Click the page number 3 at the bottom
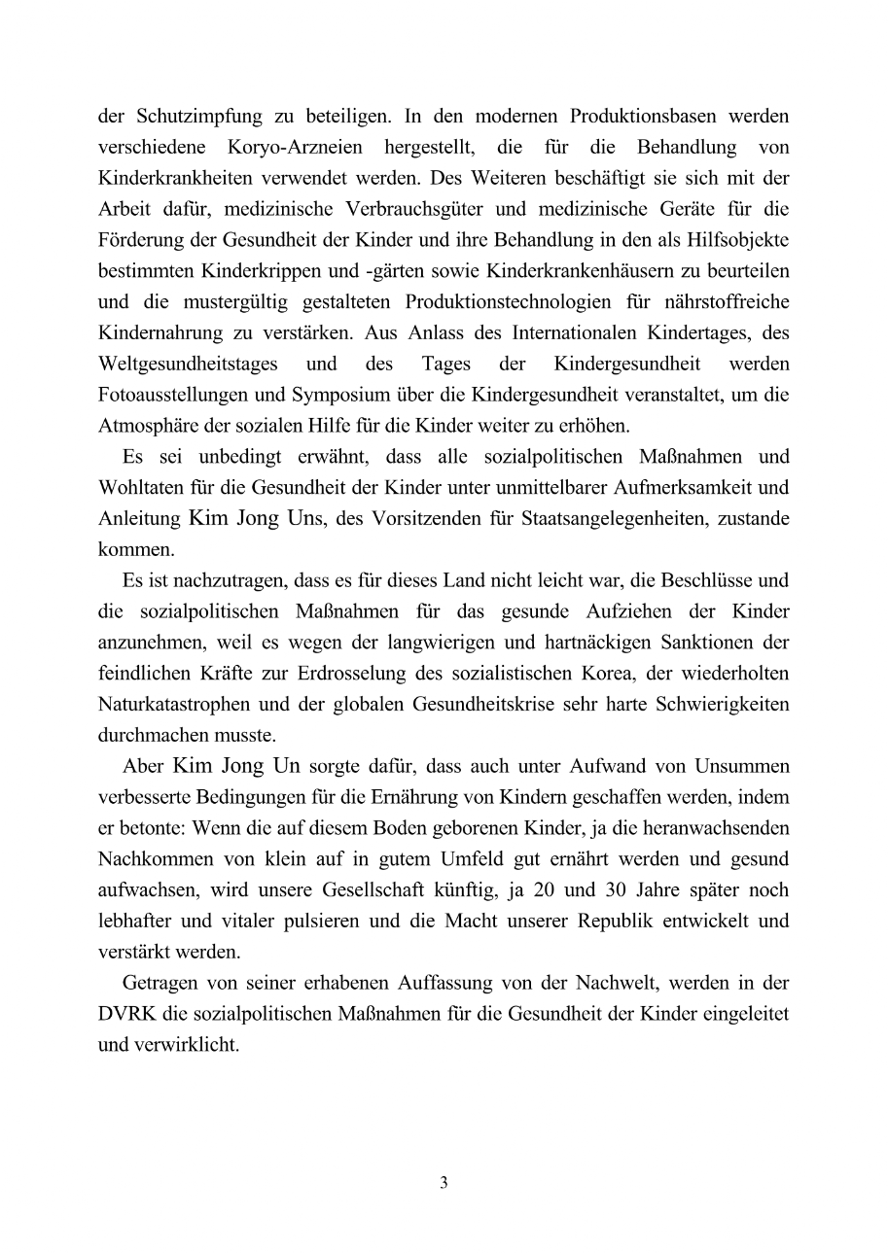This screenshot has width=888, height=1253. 444,1183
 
